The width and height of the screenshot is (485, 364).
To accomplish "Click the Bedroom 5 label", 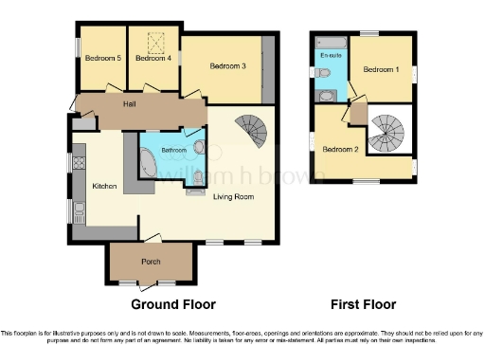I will (x=103, y=59).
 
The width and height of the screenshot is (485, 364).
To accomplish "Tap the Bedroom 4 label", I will (x=153, y=59).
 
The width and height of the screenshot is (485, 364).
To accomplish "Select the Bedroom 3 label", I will (x=228, y=66).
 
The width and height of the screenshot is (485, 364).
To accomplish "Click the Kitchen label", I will (x=103, y=187).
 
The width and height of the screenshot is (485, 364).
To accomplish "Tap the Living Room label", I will (x=232, y=196).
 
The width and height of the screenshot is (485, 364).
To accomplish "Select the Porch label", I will (x=151, y=263).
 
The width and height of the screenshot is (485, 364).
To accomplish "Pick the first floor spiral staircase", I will (x=386, y=134).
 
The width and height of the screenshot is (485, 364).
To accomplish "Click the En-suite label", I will (x=332, y=57).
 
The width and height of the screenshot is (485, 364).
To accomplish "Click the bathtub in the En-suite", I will (x=332, y=42).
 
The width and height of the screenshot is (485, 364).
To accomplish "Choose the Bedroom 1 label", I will (x=382, y=69).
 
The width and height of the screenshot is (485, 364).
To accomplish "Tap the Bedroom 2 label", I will (x=339, y=149).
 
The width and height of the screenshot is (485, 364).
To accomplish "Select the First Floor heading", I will (x=363, y=305).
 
